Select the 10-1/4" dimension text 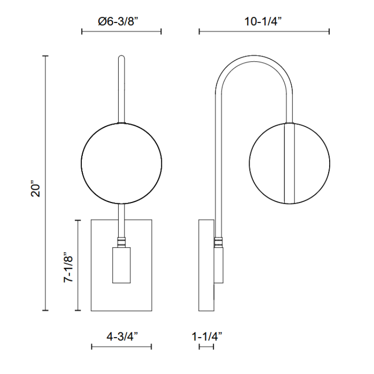[x=264, y=21]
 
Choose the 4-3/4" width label [x=122, y=336]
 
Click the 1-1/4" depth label [x=206, y=336]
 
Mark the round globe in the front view [x=122, y=163]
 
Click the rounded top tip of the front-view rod [x=122, y=58]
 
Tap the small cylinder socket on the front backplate [x=122, y=265]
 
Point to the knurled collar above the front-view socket [x=122, y=242]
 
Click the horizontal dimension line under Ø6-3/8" [x=121, y=32]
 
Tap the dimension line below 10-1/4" [x=264, y=32]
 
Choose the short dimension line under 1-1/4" [x=206, y=347]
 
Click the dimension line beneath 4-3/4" [x=122, y=347]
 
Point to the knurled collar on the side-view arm [x=218, y=242]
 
